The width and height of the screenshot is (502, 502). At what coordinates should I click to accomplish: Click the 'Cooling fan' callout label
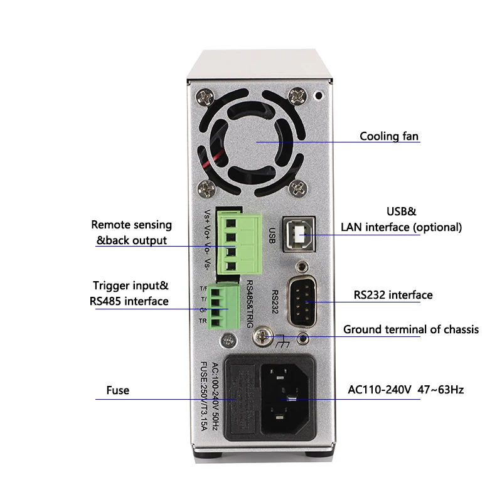point(388,136)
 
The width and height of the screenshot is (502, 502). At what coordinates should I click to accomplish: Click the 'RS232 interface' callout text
point(393,295)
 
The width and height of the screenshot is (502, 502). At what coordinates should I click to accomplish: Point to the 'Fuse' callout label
point(117,390)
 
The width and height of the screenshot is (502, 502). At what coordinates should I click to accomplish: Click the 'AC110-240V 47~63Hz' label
point(405,390)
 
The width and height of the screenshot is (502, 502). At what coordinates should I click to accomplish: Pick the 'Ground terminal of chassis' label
point(411,329)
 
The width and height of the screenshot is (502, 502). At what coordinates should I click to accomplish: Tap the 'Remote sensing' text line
point(131,225)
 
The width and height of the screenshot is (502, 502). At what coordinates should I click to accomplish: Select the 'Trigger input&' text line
point(131,286)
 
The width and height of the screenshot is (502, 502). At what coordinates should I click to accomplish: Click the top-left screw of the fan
point(205,97)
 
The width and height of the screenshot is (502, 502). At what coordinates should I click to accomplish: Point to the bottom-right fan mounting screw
point(300,187)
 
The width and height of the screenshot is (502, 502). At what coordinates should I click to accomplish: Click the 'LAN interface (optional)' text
point(401,227)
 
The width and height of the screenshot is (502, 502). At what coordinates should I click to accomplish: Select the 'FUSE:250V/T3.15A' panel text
point(203,397)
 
